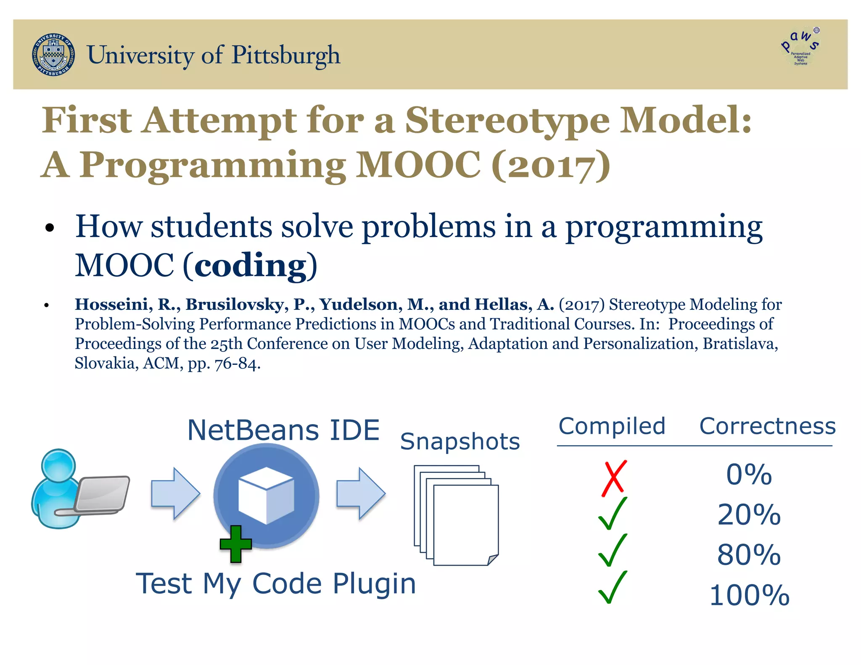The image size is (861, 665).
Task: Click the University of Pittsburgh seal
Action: [53, 55]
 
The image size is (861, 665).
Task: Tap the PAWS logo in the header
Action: [800, 47]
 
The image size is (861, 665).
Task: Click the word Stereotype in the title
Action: [507, 121]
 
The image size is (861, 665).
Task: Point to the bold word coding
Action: [251, 266]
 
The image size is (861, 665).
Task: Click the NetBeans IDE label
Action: [283, 430]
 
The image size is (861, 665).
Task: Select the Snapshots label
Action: [460, 441]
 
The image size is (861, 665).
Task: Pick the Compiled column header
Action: [612, 426]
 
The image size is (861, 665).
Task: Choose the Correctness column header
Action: [767, 426]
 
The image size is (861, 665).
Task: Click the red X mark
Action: [614, 478]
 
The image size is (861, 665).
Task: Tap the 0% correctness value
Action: [749, 475]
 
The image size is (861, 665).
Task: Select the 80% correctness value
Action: [749, 554]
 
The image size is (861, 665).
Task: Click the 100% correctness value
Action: [749, 595]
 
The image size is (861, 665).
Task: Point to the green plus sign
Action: [236, 544]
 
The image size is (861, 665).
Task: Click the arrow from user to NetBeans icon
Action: [175, 493]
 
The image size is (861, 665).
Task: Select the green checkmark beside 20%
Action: [613, 514]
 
